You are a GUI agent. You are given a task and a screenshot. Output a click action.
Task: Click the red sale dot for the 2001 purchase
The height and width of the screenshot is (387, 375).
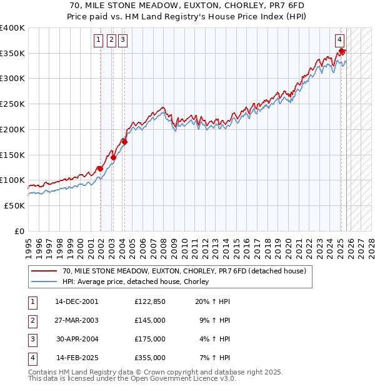[x=100, y=169]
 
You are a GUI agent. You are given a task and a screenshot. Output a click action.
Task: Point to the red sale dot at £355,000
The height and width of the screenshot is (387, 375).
[x=342, y=51]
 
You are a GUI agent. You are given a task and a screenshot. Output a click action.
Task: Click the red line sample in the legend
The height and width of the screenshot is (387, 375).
[x=44, y=272]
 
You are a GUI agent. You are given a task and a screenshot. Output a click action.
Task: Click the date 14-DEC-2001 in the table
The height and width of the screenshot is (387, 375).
[x=76, y=301]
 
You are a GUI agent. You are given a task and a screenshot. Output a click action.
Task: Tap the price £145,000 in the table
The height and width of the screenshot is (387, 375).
[x=149, y=320]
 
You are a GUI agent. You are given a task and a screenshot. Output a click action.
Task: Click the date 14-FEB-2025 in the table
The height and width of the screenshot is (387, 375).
[x=77, y=358]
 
